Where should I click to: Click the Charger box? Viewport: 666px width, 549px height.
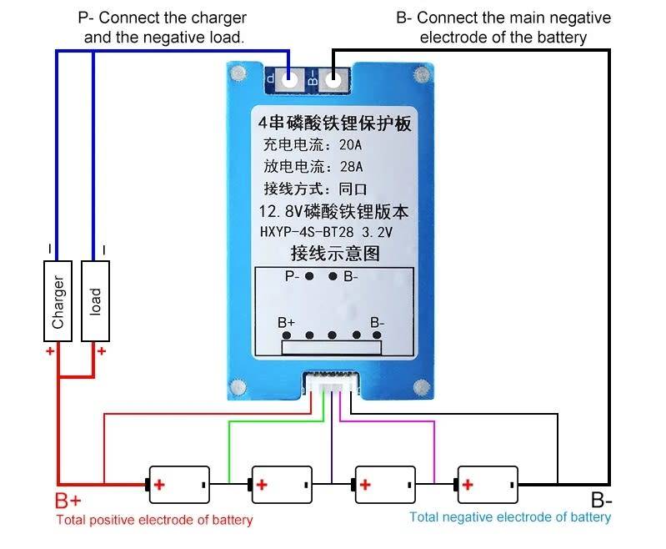[58, 300]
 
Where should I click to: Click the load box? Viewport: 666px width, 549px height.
[96, 300]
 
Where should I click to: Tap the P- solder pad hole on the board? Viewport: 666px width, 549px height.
[290, 80]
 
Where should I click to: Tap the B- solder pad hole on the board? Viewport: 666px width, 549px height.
[333, 80]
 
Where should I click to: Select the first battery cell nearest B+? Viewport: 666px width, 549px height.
[178, 484]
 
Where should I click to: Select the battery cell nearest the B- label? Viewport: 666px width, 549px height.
[487, 484]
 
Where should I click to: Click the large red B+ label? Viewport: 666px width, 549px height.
[68, 501]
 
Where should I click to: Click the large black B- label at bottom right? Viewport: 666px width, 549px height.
[602, 501]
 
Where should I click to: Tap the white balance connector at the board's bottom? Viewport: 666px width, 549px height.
[333, 385]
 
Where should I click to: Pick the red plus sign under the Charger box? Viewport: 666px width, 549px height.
[50, 351]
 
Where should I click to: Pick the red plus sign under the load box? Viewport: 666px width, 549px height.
[102, 351]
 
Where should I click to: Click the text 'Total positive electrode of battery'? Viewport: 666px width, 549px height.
[154, 521]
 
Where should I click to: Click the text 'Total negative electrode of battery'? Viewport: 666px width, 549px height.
[510, 517]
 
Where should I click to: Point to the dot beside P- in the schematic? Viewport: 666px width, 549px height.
[309, 276]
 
